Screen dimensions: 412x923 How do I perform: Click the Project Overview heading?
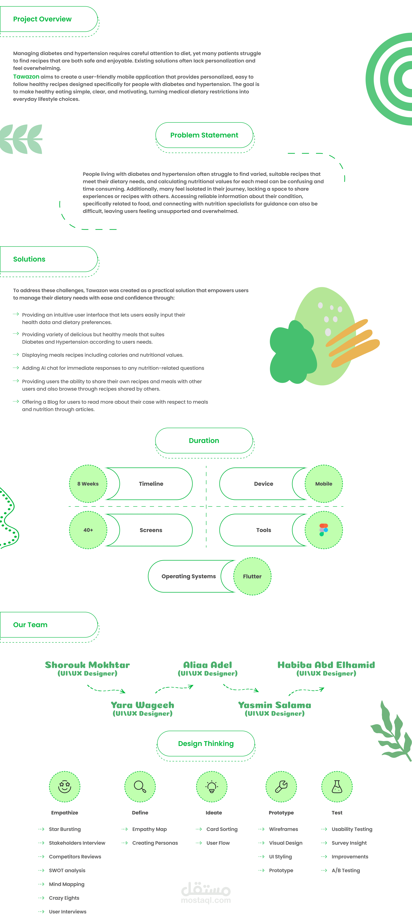[42, 19]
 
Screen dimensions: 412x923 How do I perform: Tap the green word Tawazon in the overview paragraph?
[26, 77]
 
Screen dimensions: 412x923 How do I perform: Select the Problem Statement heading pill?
[204, 135]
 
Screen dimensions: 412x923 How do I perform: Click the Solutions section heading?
[29, 259]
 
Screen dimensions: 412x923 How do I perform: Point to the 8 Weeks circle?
[88, 484]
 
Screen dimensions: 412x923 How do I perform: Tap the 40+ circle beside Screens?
[88, 530]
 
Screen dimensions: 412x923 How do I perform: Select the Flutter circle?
[252, 576]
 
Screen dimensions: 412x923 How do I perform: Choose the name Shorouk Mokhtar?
[87, 665]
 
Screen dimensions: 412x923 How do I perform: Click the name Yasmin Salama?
[275, 705]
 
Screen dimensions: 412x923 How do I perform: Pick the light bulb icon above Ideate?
[212, 786]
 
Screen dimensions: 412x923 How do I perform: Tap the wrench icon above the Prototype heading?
[281, 786]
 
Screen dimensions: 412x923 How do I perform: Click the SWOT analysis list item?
[67, 870]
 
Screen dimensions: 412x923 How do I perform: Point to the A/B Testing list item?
[346, 870]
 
